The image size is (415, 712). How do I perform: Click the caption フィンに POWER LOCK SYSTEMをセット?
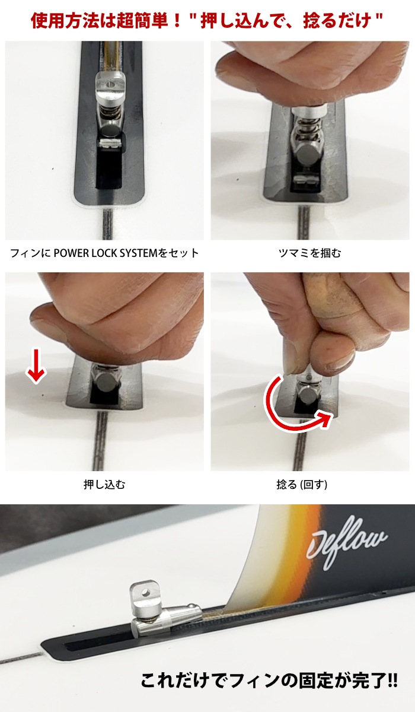(104, 253)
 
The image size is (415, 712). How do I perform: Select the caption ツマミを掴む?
(310, 253)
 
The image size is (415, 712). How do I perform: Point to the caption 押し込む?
(104, 485)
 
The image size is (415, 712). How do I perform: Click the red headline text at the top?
(207, 21)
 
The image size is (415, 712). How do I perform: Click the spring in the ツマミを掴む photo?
(307, 128)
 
